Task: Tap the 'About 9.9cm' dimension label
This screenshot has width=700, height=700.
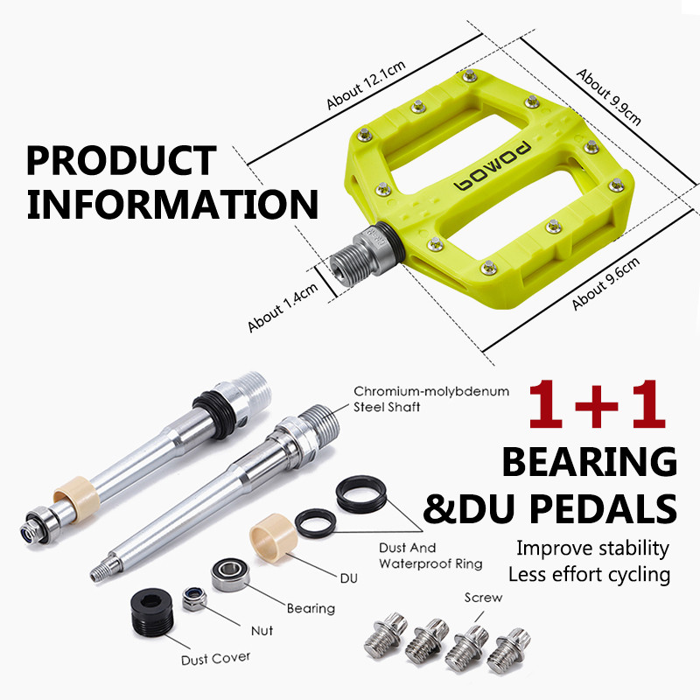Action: tap(609, 97)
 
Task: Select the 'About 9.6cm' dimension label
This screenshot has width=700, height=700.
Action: tap(606, 283)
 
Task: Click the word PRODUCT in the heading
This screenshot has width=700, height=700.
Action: tap(121, 161)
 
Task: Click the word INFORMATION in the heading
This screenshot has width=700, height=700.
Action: tap(171, 204)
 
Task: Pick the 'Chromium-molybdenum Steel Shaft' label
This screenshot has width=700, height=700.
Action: tap(430, 398)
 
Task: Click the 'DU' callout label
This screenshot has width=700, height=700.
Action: tap(347, 578)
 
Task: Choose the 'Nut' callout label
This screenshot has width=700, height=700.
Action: tap(262, 630)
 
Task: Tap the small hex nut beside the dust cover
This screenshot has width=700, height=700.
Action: tap(194, 599)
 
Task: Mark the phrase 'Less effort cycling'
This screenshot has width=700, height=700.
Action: tap(588, 575)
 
